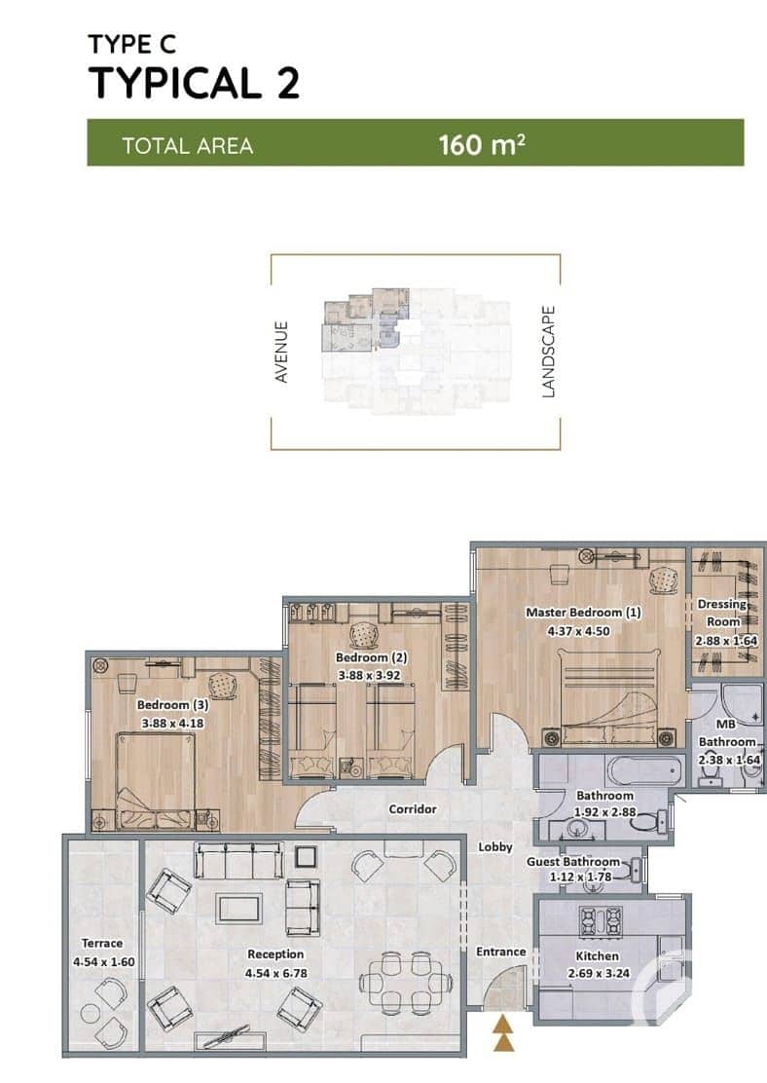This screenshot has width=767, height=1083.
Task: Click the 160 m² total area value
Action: pos(482,144)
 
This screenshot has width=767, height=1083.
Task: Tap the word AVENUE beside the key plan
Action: pos(281,352)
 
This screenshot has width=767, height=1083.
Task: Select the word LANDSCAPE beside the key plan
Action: pos(548,352)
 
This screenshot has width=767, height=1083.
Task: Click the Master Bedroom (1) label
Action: pos(583,612)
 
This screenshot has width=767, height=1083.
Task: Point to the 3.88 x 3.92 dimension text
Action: pos(369,676)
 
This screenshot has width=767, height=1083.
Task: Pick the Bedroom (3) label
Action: pos(172,704)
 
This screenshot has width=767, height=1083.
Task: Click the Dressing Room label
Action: pos(723,613)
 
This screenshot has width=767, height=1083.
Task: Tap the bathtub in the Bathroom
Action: pos(641,770)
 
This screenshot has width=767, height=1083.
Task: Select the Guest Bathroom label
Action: pos(573,861)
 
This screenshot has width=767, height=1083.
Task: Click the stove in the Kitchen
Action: pos(601,922)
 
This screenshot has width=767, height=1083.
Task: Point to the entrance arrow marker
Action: pos(503,1033)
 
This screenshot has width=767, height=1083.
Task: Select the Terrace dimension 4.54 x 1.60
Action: pos(103,961)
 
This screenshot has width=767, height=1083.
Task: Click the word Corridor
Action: pos(412,808)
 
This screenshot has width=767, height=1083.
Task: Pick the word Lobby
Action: pos(495,846)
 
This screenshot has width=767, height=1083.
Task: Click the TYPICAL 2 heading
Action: pos(194,82)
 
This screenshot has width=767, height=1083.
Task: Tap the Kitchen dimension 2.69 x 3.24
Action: pos(599,973)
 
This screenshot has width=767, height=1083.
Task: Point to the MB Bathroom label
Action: pos(727,732)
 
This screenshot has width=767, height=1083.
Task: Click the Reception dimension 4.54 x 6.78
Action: pos(276,973)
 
